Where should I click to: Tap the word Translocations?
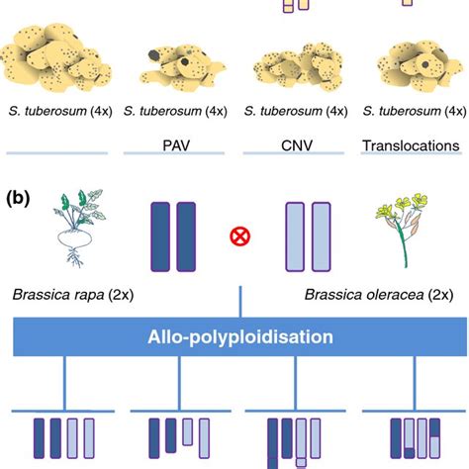point(411,144)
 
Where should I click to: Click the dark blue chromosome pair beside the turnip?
point(175,235)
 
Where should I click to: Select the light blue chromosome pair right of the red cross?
point(308,235)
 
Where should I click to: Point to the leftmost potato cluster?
point(59,59)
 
